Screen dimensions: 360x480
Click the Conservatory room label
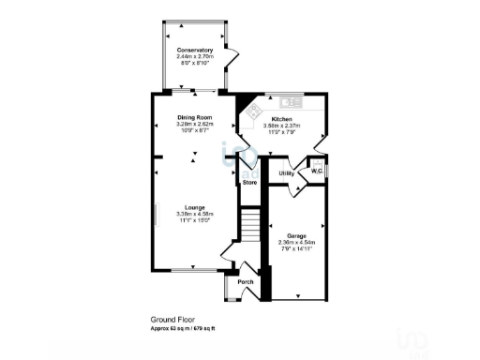point(194,50)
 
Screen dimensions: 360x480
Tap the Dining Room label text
point(196,117)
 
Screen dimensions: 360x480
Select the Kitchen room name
point(284,119)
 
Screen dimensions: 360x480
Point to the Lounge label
point(195,206)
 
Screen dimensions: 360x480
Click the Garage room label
point(297,235)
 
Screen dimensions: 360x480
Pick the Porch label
point(246,283)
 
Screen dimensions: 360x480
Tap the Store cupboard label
point(249,182)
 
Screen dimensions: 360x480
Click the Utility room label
point(287,173)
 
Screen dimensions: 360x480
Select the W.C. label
point(318,172)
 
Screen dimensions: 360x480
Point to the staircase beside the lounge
point(250,225)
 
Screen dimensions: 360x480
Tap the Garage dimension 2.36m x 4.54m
point(297,243)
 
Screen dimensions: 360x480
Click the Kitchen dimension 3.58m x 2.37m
point(284,126)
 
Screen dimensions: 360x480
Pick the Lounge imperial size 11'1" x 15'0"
point(195,219)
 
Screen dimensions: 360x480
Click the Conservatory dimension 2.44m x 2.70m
point(194,56)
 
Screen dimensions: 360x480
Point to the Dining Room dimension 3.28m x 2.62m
point(196,124)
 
